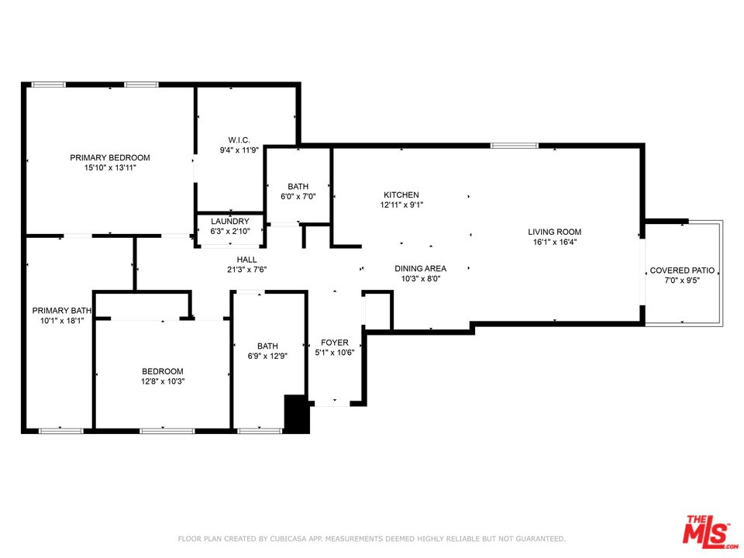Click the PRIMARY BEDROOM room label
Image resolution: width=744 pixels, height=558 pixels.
(109, 157)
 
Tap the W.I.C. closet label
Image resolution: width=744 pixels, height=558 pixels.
(228, 140)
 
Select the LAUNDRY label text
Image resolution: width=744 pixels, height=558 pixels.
(230, 222)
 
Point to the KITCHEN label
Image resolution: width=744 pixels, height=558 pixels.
(401, 195)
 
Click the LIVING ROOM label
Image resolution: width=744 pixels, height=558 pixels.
(554, 232)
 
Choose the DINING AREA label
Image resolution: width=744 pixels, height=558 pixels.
(420, 269)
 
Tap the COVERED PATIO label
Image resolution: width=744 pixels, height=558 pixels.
(682, 270)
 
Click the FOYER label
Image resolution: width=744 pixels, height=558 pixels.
(335, 343)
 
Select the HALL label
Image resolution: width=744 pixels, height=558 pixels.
(247, 260)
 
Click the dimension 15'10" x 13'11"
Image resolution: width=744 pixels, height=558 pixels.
(109, 167)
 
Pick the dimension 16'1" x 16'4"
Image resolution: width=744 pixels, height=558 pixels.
(554, 242)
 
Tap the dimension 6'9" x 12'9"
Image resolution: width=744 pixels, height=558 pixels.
(267, 356)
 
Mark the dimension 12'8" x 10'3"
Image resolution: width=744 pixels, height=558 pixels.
(162, 381)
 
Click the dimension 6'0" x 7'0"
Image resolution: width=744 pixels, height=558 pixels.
(298, 197)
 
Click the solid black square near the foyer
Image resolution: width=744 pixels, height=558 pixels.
(297, 414)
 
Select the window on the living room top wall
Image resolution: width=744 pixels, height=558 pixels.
(514, 145)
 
